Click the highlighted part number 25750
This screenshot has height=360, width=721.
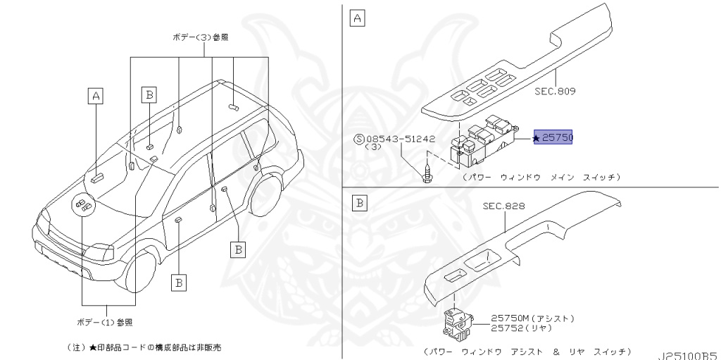[x=558, y=137]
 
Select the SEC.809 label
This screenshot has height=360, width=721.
[x=555, y=91]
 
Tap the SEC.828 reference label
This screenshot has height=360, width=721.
[x=503, y=206]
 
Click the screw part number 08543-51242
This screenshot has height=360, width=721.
[x=400, y=139]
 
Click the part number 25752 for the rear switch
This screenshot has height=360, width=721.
[x=508, y=328]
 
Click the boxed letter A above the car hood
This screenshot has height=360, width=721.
[x=96, y=97]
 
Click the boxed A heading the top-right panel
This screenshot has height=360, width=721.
[x=357, y=19]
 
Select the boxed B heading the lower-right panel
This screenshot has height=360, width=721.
[x=360, y=203]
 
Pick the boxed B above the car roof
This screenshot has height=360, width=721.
[x=149, y=95]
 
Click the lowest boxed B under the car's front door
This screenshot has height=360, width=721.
[x=179, y=283]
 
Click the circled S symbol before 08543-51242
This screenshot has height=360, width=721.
[x=360, y=139]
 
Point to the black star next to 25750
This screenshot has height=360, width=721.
[x=536, y=137]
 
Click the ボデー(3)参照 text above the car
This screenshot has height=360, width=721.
[x=201, y=37]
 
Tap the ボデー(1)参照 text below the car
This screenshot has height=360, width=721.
[x=105, y=322]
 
